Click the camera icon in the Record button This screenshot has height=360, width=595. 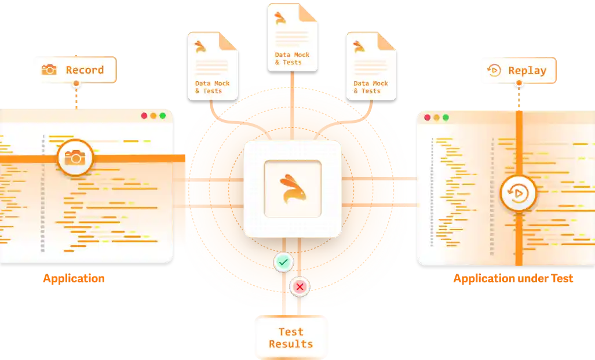[49, 70]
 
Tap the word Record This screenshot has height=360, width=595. [85, 70]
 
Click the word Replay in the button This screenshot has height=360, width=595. [527, 71]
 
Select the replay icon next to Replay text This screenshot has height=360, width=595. [494, 71]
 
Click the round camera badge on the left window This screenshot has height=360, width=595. [75, 157]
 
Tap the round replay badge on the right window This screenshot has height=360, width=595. [518, 192]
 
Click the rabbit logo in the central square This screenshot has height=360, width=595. [293, 189]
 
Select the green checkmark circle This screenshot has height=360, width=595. [283, 263]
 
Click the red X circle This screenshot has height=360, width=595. [300, 286]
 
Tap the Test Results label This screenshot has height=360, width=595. [291, 337]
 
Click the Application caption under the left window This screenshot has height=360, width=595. [74, 278]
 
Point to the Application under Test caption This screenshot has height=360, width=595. [513, 279]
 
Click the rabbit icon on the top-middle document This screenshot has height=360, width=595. [280, 18]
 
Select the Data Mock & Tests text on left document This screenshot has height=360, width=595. [212, 87]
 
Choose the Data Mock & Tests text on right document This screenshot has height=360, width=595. [371, 87]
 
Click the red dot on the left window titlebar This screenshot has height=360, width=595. [145, 116]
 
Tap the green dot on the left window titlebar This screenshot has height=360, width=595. [162, 116]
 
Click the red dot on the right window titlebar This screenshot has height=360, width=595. [428, 118]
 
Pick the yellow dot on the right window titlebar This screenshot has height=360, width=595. [436, 118]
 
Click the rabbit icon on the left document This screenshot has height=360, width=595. [200, 47]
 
